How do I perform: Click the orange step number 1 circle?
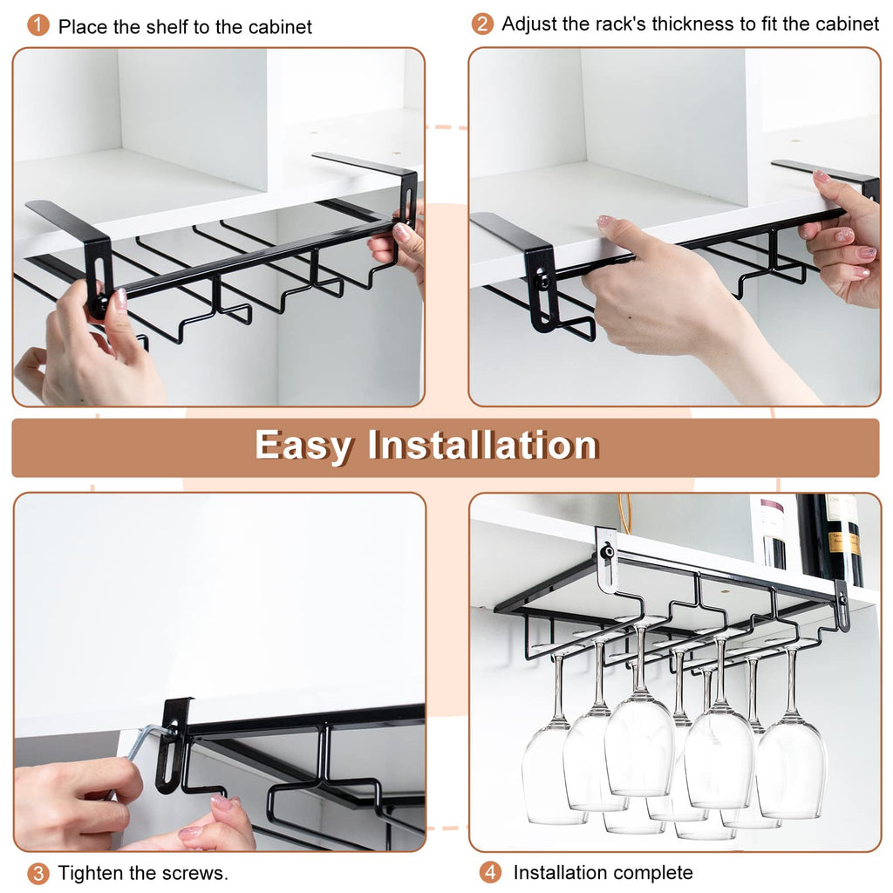(x=38, y=25)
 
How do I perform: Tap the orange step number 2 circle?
(x=482, y=24)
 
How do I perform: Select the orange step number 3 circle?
(x=38, y=873)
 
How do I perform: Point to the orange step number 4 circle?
(x=491, y=872)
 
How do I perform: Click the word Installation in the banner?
(x=482, y=446)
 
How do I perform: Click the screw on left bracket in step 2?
(x=542, y=283)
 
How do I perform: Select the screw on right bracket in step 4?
(x=842, y=600)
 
